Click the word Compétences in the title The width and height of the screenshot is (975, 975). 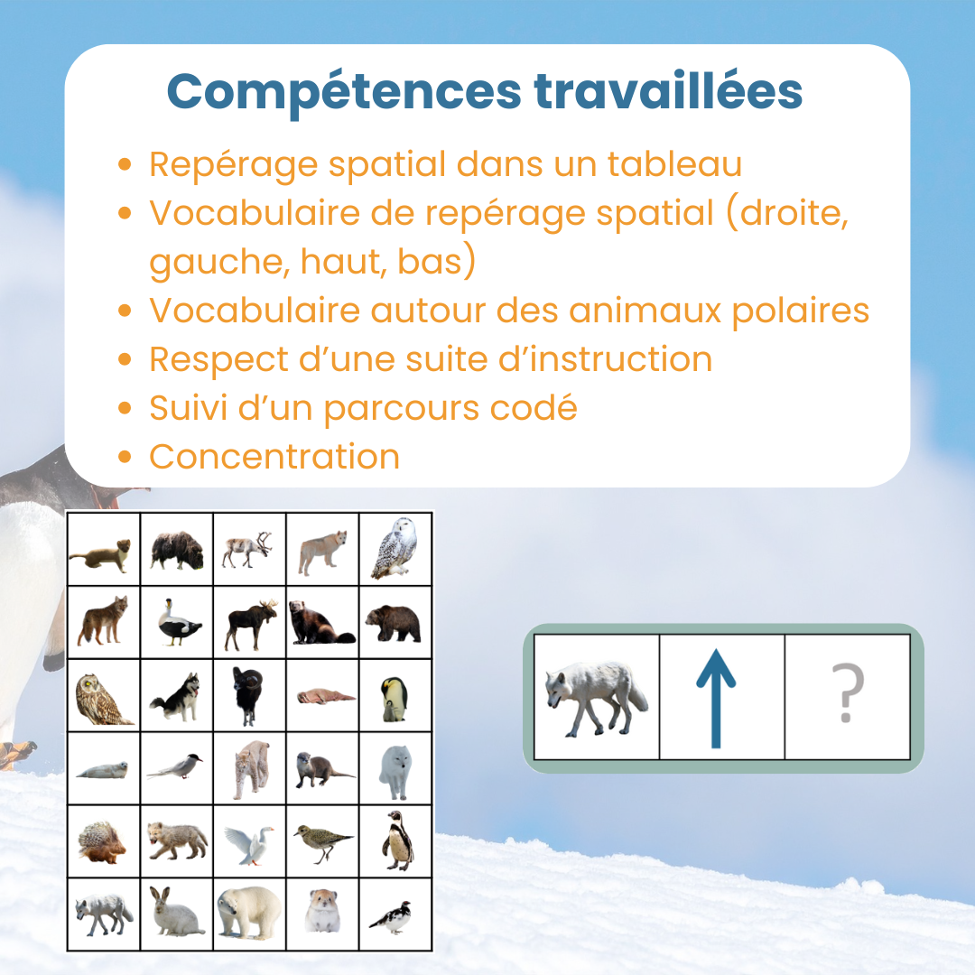[344, 93]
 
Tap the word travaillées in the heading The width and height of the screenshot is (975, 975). [668, 91]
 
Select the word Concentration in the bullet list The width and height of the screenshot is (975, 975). [274, 457]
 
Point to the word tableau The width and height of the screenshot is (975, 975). [674, 164]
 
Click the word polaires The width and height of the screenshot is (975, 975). [801, 311]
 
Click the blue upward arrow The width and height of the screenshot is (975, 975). [716, 698]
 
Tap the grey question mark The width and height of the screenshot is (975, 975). [848, 692]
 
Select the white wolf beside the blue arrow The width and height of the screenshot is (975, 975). [596, 698]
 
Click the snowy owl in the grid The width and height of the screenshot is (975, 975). [395, 549]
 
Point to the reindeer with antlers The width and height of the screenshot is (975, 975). [248, 550]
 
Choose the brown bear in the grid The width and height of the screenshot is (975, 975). [394, 623]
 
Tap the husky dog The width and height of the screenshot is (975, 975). [176, 697]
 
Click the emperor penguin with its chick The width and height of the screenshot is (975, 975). [395, 699]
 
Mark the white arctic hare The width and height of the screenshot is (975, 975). [175, 911]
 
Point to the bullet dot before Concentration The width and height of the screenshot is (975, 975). [125, 458]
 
